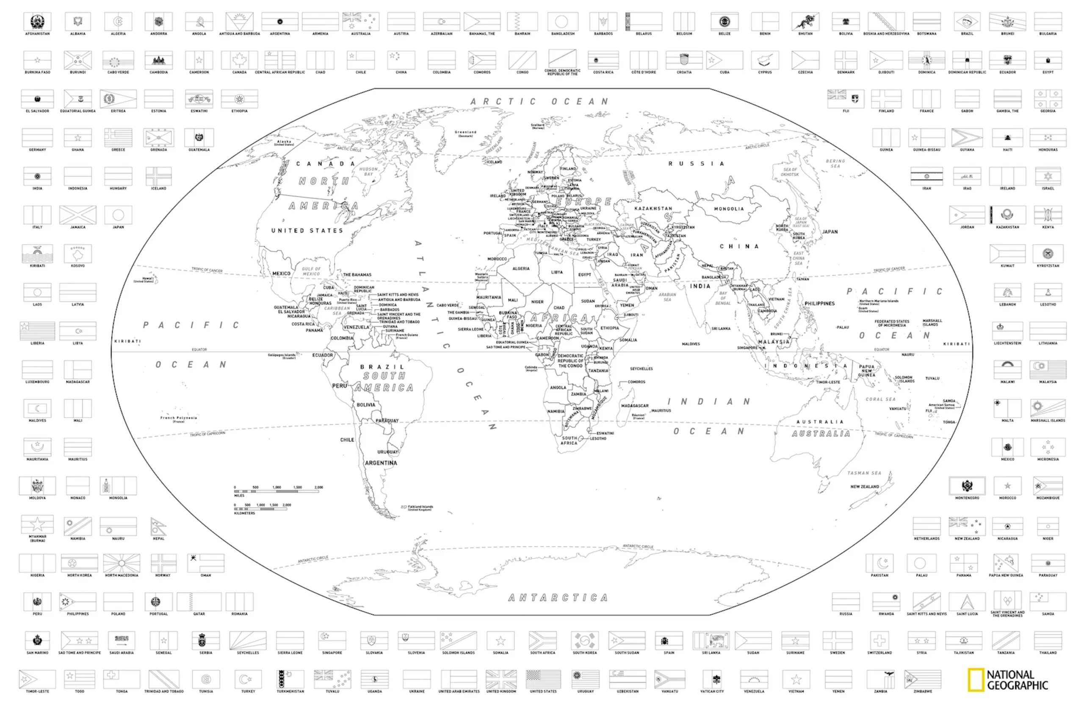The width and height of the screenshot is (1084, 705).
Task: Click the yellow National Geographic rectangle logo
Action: tap(976, 680)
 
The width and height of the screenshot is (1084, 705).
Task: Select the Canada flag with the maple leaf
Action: tap(239, 60)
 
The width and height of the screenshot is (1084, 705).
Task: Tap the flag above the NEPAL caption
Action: tap(158, 527)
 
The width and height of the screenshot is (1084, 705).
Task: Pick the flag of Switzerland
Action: tap(879, 640)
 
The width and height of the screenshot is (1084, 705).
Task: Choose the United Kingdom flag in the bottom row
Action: tap(501, 679)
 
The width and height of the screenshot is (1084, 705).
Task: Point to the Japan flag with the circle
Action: tap(118, 215)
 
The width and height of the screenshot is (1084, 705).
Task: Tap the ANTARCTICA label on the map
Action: tap(558, 597)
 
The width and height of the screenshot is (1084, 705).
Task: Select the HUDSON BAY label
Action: tap(368, 171)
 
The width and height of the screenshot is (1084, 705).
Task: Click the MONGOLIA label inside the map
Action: tap(729, 209)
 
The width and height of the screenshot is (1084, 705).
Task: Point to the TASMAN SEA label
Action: tap(864, 473)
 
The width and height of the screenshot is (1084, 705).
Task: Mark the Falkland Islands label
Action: tap(420, 508)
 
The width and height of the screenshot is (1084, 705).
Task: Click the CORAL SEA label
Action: tap(880, 399)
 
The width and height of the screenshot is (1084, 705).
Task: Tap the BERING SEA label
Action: tap(835, 163)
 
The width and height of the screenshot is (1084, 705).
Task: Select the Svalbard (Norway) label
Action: tap(537, 126)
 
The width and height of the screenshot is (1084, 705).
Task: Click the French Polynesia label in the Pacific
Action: tap(179, 418)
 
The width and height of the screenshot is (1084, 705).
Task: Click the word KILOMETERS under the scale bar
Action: tap(245, 513)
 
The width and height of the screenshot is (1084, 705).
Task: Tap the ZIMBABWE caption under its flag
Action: tap(922, 691)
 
